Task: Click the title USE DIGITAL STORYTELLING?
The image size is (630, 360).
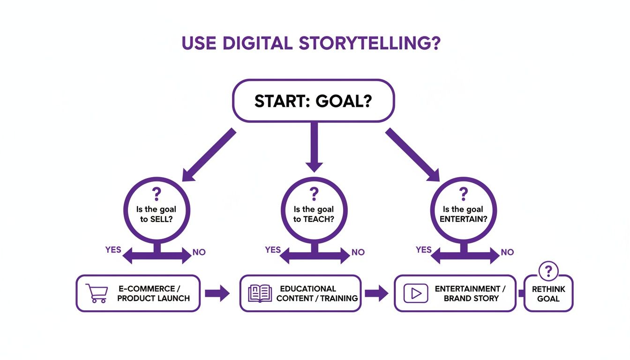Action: click(x=311, y=43)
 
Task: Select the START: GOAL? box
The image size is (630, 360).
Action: click(x=314, y=101)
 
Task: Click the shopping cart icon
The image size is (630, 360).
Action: click(x=96, y=293)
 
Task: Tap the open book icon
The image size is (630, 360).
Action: click(x=260, y=293)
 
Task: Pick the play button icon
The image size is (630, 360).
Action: click(x=416, y=293)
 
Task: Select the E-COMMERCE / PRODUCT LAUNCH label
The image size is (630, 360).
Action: click(x=153, y=293)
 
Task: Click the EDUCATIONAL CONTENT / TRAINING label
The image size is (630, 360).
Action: click(x=317, y=293)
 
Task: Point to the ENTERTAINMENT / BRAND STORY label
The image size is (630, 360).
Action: click(x=470, y=293)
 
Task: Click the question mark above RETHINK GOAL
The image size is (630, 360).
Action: click(x=548, y=271)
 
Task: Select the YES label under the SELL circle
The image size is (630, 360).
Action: click(x=113, y=250)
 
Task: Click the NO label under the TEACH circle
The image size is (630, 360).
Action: click(x=358, y=252)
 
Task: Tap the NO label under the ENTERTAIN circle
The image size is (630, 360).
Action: click(x=507, y=252)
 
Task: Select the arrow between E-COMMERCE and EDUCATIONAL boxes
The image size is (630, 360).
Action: click(x=217, y=294)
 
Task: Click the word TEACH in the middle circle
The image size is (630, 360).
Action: click(x=321, y=219)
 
